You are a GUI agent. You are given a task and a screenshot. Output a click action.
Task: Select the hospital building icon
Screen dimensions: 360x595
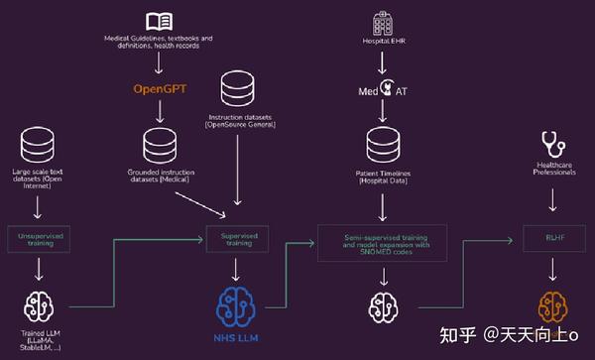click(x=382, y=21)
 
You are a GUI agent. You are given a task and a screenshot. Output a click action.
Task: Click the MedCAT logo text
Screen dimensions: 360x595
click(x=383, y=91)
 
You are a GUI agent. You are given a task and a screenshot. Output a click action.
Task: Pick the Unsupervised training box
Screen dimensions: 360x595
click(x=38, y=237)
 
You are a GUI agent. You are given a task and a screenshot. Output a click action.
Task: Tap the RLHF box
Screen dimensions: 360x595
click(x=552, y=239)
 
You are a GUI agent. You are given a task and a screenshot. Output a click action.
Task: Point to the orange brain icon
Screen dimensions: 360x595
click(x=552, y=305)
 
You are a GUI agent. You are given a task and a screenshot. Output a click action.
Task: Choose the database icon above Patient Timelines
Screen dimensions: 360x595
click(x=383, y=145)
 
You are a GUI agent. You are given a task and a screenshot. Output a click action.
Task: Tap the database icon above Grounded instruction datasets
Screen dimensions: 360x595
click(x=159, y=144)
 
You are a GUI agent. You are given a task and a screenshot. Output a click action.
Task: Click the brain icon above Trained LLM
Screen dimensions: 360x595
click(x=37, y=305)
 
